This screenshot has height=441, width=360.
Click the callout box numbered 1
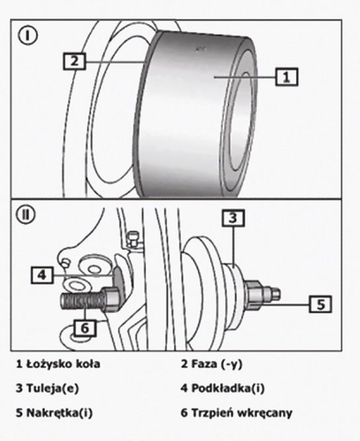[x=286, y=77]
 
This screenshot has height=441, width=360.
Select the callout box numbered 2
[x=74, y=61]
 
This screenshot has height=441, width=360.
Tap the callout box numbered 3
[x=233, y=218]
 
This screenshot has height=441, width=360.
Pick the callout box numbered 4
[x=42, y=275]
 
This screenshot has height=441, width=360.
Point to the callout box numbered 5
[x=320, y=304]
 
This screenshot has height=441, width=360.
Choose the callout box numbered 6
[x=85, y=328]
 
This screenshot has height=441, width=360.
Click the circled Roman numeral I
[x=27, y=36]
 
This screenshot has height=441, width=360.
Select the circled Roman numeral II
[x=26, y=215]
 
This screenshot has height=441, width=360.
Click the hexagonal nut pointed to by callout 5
[x=256, y=295]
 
